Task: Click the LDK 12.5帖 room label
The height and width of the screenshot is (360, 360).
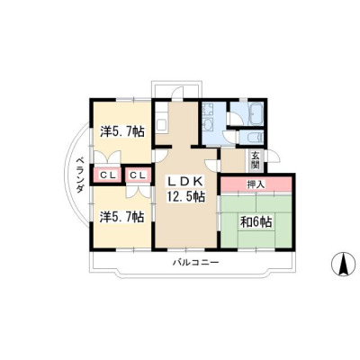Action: click(x=186, y=189)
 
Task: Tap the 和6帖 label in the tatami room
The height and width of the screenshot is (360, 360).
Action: click(x=256, y=222)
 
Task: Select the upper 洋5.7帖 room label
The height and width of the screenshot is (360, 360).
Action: click(x=122, y=131)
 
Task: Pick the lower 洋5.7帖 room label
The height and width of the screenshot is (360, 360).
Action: click(x=121, y=217)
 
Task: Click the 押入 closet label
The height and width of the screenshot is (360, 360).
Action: click(x=256, y=184)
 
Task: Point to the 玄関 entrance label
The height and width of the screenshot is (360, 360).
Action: click(x=256, y=160)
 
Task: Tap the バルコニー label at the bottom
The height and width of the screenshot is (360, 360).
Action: click(x=195, y=263)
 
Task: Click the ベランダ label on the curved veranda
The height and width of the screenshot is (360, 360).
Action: click(x=79, y=175)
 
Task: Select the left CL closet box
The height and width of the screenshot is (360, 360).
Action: click(x=108, y=175)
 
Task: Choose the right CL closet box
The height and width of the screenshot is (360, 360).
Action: click(x=137, y=175)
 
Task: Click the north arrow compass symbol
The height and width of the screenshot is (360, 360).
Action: click(x=343, y=264)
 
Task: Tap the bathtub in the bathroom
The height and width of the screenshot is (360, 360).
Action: click(x=255, y=113)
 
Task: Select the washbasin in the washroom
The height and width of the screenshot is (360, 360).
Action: click(x=208, y=124)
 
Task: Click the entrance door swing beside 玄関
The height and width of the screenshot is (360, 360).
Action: click(x=273, y=157)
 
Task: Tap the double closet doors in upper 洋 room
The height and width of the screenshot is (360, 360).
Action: click(x=107, y=157)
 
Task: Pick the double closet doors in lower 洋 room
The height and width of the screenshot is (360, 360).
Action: click(x=138, y=192)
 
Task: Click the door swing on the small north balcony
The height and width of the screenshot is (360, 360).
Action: click(x=177, y=92)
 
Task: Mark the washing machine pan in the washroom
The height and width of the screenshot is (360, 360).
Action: click(x=208, y=110)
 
